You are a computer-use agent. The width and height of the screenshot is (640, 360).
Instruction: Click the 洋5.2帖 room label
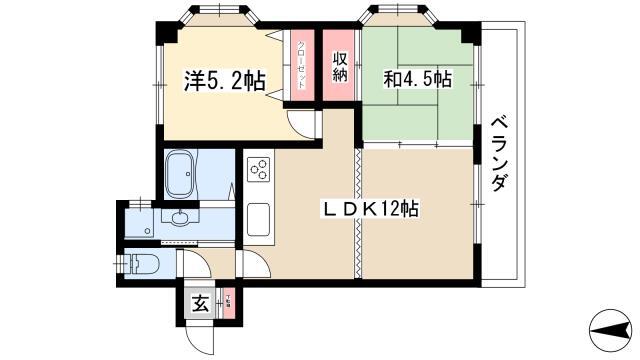224,81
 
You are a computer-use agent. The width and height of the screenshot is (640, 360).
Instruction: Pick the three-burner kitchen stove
259,169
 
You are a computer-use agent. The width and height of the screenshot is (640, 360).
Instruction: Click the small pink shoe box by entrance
230,303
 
